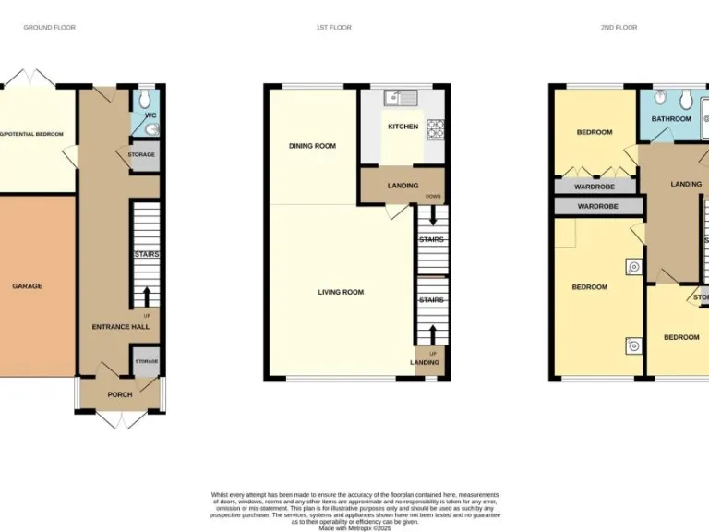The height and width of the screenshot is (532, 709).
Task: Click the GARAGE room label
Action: [x=27, y=286]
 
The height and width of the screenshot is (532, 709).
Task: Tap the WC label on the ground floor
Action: [x=150, y=115]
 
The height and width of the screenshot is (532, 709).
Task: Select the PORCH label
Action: [x=120, y=394]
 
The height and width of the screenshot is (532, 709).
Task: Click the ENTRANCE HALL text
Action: [x=119, y=327]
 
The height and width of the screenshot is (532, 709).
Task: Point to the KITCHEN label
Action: [x=403, y=127]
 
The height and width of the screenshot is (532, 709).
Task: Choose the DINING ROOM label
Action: [x=312, y=146]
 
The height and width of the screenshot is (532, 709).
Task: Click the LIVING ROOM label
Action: [x=341, y=293]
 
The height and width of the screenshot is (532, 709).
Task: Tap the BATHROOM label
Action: [x=671, y=119]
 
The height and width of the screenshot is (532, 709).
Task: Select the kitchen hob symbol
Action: [x=436, y=128]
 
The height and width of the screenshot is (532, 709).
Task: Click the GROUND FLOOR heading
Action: [x=49, y=28]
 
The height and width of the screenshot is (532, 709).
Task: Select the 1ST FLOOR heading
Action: [x=333, y=28]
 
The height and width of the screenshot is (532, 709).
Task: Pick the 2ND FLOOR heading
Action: [x=619, y=28]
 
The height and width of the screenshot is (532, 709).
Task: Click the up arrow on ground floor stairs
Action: [x=147, y=297]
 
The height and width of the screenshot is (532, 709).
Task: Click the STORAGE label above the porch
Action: [x=146, y=361]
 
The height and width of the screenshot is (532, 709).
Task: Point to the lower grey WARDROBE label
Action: [x=597, y=206]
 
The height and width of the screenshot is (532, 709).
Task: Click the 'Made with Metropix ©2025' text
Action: [x=354, y=527]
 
